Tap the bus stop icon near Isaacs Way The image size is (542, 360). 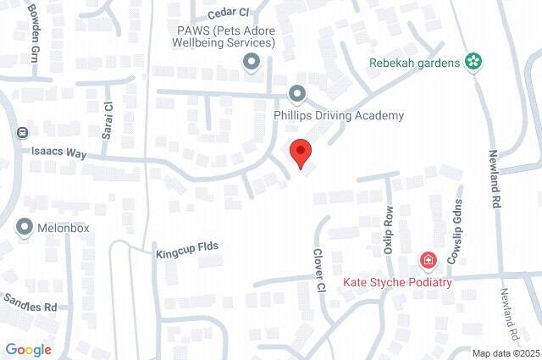22,133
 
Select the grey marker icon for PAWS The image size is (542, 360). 251,61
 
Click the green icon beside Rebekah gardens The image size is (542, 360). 473,62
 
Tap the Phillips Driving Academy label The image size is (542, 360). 338,115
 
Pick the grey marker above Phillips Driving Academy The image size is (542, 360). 296,93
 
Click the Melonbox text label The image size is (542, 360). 64,228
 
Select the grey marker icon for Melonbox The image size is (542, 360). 24,227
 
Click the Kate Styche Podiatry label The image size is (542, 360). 397,282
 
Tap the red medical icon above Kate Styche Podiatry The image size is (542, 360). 429,259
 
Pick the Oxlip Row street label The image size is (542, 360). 389,230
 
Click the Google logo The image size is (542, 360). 28,349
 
